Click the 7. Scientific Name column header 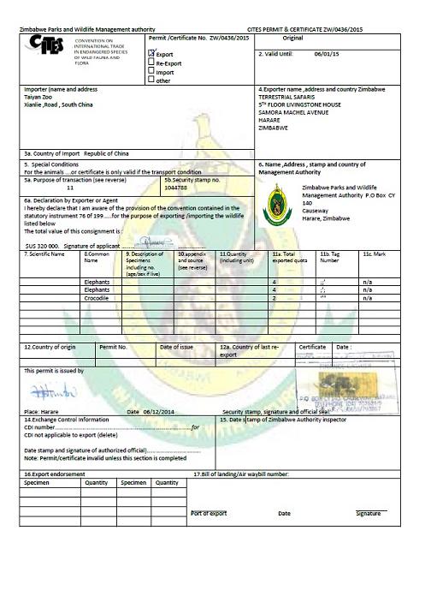point(45,255)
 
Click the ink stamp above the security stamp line point(348,390)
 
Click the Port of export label point(208,513)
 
